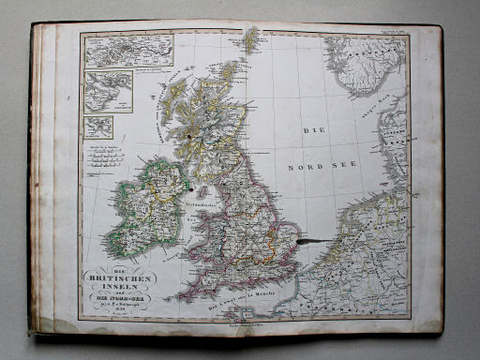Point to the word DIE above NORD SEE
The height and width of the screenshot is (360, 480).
pos(313,129)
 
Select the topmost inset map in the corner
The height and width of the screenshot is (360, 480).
pos(128,52)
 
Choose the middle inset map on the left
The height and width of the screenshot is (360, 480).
pos(108,91)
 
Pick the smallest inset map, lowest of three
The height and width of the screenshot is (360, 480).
pos(97,127)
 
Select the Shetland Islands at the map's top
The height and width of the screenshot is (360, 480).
pos(251,39)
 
